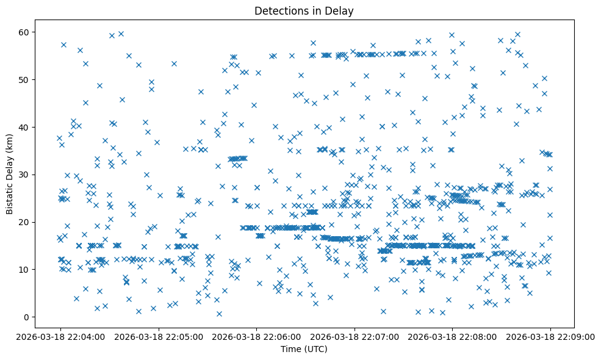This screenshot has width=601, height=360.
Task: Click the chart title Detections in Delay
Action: click(x=304, y=10)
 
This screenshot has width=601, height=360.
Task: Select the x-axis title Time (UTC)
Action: click(x=304, y=349)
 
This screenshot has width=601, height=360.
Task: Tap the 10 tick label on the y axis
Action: click(x=24, y=269)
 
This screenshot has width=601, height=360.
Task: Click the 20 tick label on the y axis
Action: click(x=24, y=221)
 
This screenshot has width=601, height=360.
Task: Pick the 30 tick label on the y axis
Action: click(x=24, y=175)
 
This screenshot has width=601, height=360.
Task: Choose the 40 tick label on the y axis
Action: click(x=24, y=127)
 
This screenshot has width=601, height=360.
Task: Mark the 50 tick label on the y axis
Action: click(x=24, y=79)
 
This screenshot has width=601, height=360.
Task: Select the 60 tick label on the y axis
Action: click(x=24, y=32)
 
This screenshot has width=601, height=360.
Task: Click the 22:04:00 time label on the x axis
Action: click(x=60, y=336)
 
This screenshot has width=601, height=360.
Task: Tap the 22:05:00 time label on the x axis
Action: click(x=158, y=336)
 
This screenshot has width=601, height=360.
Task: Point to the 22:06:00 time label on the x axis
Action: click(x=256, y=336)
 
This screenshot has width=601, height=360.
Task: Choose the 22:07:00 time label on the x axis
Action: click(x=354, y=336)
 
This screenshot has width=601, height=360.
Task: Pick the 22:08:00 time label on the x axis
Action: click(x=452, y=336)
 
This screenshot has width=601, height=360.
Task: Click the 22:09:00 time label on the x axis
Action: click(x=550, y=336)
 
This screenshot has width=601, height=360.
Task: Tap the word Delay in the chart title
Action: click(x=341, y=10)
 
